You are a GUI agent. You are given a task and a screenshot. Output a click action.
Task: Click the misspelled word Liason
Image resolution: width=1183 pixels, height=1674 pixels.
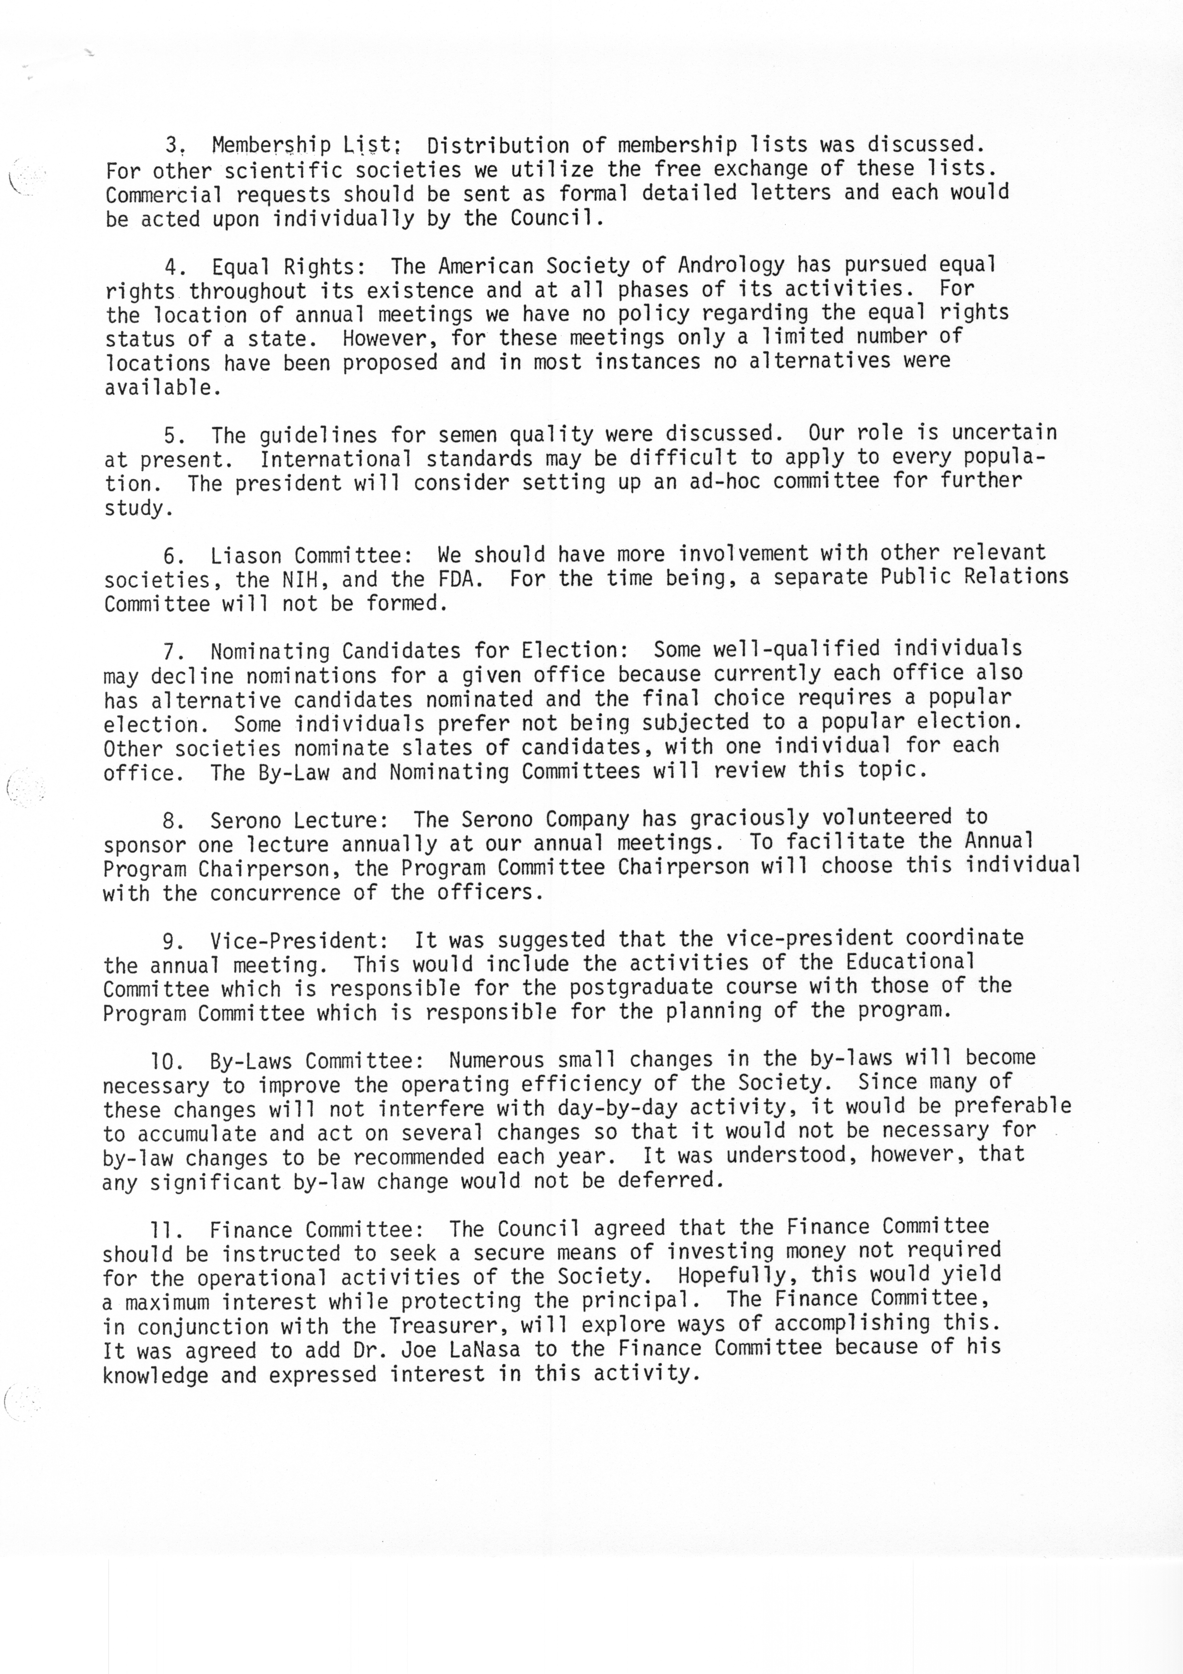point(246,555)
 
